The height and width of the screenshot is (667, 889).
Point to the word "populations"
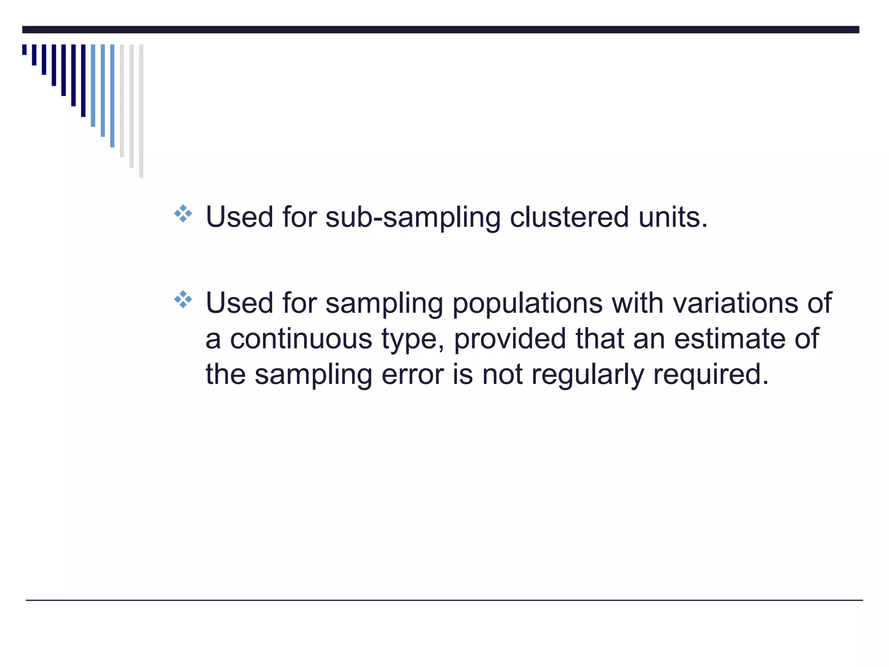click(527, 303)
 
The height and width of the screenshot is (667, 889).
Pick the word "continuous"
click(301, 338)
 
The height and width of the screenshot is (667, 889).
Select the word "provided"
click(510, 338)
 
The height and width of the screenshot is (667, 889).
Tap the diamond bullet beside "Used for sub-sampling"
click(183, 214)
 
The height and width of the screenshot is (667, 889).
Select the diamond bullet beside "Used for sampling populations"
click(183, 300)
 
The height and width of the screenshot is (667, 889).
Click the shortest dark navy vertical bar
click(24, 50)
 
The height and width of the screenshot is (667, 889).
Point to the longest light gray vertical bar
click(141, 111)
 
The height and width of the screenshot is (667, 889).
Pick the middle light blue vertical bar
click(103, 90)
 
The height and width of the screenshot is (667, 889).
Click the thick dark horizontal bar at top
click(441, 30)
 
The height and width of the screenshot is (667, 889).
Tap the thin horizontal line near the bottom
click(444, 600)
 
